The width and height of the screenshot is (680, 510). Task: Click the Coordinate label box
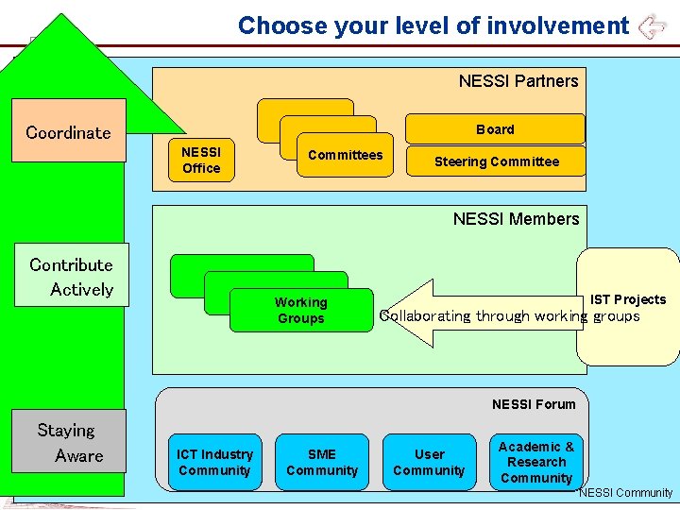pyautogui.click(x=68, y=131)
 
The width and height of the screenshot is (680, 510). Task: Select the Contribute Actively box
pyautogui.click(x=71, y=276)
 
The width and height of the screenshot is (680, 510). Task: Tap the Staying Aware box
pyautogui.click(x=69, y=442)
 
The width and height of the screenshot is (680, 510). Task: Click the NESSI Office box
pyautogui.click(x=201, y=160)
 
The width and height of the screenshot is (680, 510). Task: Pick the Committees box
pyautogui.click(x=346, y=156)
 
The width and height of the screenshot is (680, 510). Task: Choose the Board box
pyautogui.click(x=495, y=129)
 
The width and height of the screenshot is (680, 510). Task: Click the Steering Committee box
pyautogui.click(x=496, y=161)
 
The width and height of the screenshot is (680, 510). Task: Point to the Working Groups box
pyautogui.click(x=300, y=311)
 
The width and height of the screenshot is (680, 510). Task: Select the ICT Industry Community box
pyautogui.click(x=214, y=462)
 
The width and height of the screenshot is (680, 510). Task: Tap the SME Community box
pyautogui.click(x=322, y=462)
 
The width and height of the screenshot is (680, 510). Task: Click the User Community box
pyautogui.click(x=429, y=462)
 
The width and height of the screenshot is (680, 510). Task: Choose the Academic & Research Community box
pyautogui.click(x=536, y=462)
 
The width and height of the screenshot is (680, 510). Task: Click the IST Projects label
pyautogui.click(x=628, y=299)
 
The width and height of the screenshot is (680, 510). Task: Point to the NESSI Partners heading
pyautogui.click(x=518, y=81)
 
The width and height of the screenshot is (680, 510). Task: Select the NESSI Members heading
pyautogui.click(x=516, y=219)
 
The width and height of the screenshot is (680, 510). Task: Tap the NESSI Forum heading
pyautogui.click(x=533, y=404)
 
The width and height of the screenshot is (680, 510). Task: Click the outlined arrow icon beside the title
pyautogui.click(x=652, y=26)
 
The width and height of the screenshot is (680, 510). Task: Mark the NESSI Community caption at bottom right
pyautogui.click(x=625, y=493)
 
